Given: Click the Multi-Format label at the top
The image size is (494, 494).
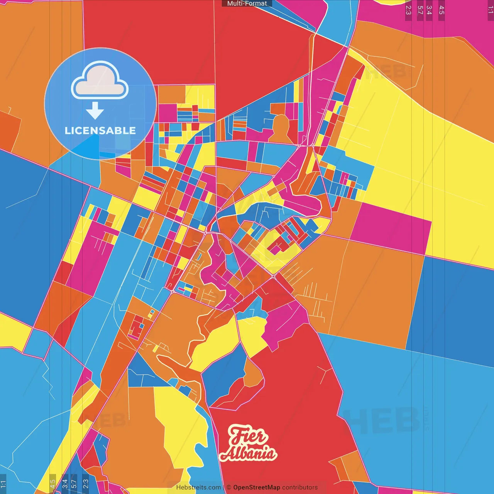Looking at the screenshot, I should (x=247, y=3).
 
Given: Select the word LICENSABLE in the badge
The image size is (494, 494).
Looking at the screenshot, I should (x=100, y=131).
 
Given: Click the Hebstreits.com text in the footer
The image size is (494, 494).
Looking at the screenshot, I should (x=198, y=487).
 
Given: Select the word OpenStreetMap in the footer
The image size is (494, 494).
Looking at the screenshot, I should (x=256, y=487).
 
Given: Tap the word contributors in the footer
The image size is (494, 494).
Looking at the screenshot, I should (x=300, y=487).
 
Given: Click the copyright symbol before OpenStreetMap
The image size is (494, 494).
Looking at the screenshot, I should (x=229, y=487).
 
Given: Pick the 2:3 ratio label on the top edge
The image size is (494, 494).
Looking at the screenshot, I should (x=408, y=10).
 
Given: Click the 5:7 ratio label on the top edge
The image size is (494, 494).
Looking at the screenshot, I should (x=420, y=10).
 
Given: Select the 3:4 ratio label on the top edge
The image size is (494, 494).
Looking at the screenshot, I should (x=429, y=10).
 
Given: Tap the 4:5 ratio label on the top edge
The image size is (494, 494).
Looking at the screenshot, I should (x=442, y=10).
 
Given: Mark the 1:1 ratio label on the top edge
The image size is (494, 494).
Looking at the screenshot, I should (x=490, y=10).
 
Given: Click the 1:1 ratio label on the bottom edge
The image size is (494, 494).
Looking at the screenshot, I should (x=3, y=484).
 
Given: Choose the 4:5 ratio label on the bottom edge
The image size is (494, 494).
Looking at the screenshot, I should (x=52, y=484).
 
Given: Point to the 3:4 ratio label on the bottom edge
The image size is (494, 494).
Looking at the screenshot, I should (x=65, y=484).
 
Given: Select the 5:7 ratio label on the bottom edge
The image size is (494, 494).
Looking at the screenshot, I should (x=74, y=484).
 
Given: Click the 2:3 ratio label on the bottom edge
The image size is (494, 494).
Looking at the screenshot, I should (x=86, y=484).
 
